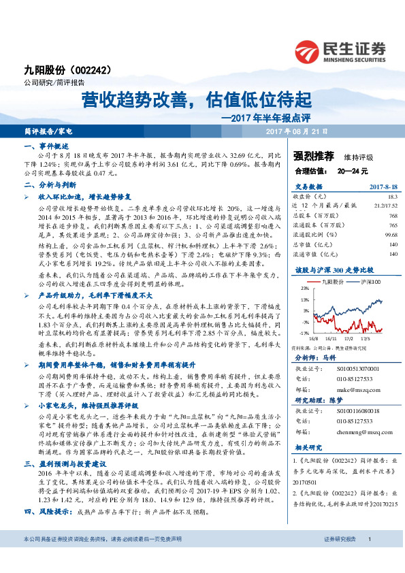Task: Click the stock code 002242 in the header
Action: pyautogui.click(x=88, y=69)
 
